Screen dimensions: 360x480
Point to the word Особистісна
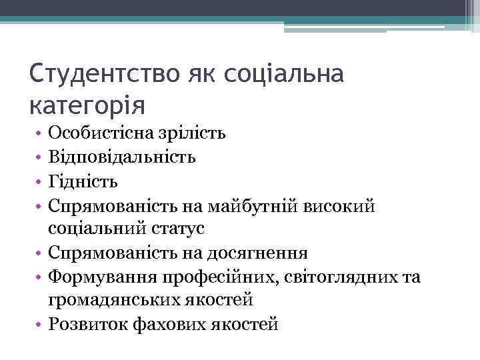pos(97,133)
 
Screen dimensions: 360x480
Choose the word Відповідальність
pos(122,157)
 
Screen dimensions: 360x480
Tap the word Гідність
pos(83,181)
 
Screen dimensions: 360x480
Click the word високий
pos(340,205)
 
